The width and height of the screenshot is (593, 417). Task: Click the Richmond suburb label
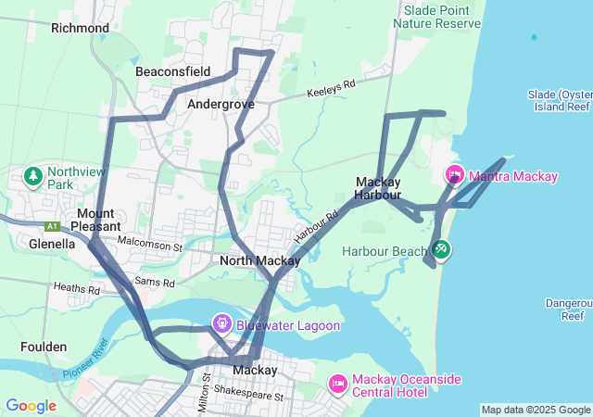81,28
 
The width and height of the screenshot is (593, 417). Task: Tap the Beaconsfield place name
172,71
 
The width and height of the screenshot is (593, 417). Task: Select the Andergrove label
221,105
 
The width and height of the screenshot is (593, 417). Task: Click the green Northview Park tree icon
34,176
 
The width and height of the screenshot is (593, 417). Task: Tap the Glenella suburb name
44,243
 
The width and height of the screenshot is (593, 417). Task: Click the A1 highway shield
53,225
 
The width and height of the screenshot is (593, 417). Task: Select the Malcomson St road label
150,246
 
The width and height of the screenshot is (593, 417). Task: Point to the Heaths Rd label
77,290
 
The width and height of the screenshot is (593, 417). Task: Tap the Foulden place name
44,347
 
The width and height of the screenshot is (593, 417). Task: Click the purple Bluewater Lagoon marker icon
221,324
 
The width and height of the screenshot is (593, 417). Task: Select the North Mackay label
259,261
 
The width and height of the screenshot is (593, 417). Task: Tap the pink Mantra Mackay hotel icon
454,174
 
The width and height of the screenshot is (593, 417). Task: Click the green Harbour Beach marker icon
442,249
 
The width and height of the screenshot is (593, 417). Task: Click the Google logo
31,406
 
